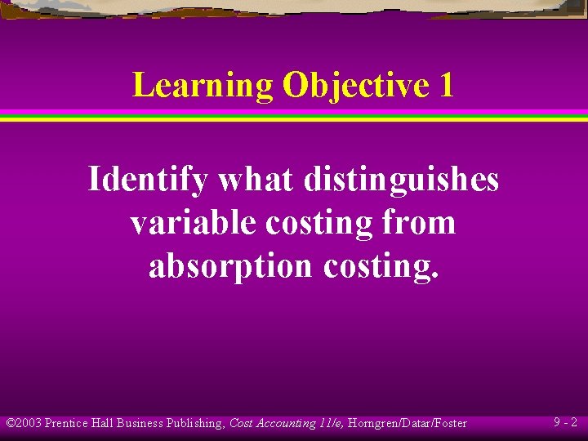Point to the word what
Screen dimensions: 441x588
point(254,179)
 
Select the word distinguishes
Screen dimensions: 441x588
point(401,179)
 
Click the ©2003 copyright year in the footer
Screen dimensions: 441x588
point(24,423)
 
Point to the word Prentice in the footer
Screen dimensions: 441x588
point(70,423)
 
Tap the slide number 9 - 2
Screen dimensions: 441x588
point(565,423)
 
